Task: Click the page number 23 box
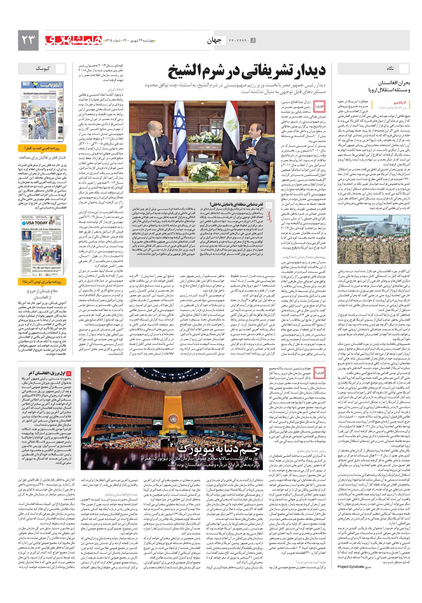pyautogui.click(x=28, y=40)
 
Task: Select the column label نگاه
pyautogui.click(x=390, y=68)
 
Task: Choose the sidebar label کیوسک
pyautogui.click(x=43, y=68)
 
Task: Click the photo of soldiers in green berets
pyautogui.click(x=373, y=239)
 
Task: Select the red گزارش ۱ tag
pyautogui.click(x=320, y=106)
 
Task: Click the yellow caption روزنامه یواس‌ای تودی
pyautogui.click(x=42, y=282)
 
